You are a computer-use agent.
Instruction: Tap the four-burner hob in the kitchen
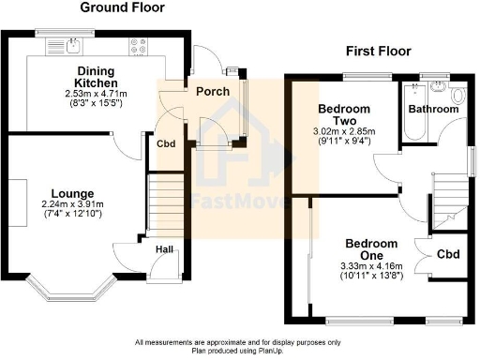[140, 44]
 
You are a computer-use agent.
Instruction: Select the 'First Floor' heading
[382, 51]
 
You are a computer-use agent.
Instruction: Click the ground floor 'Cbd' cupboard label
[165, 143]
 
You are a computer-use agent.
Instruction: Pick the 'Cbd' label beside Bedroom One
[449, 253]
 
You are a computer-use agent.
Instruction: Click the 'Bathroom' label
[432, 110]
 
